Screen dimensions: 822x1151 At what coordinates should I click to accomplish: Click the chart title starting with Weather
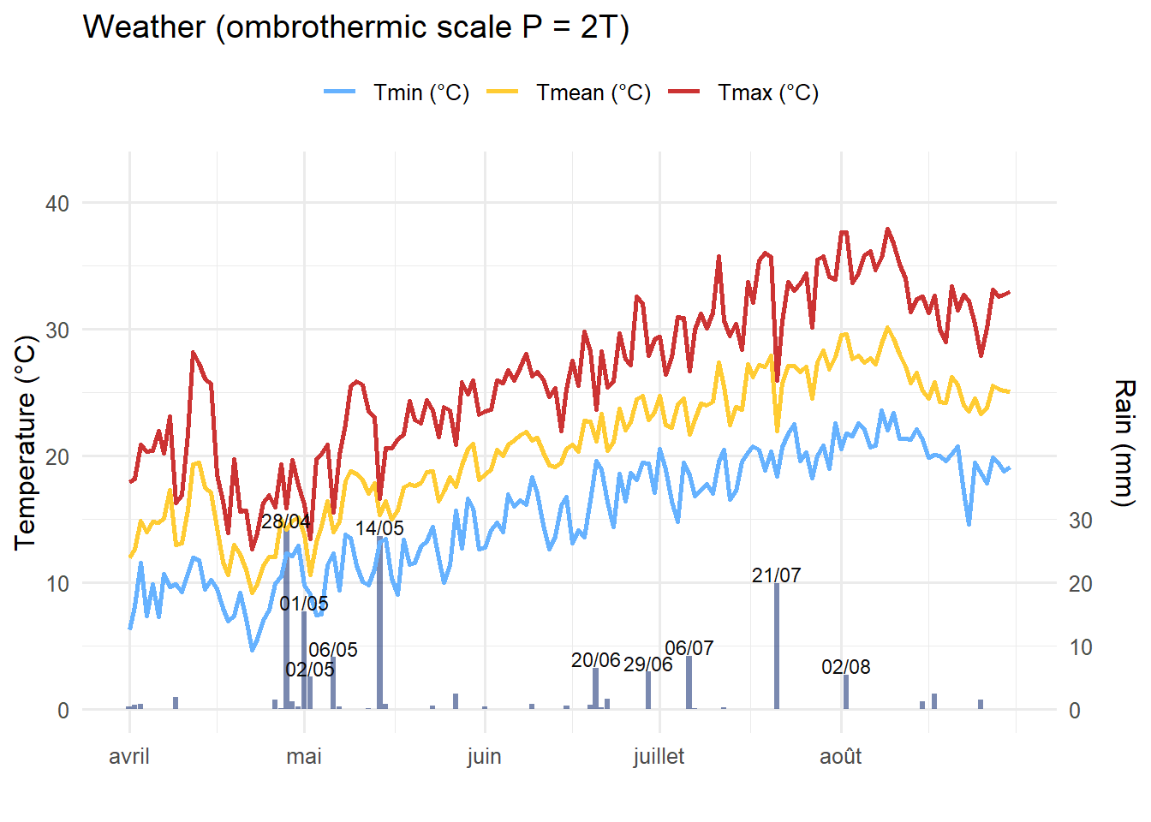pos(356,27)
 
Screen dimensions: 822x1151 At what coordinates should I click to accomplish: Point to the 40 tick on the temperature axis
pos(57,204)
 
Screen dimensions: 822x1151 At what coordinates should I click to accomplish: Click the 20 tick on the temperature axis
pos(57,456)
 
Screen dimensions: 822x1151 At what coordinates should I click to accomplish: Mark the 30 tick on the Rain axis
pos(1081,521)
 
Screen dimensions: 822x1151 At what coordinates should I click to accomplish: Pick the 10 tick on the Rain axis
pos(1081,647)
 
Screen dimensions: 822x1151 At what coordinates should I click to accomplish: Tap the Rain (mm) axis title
pos(1123,443)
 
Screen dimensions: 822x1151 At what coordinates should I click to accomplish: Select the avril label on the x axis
pos(129,757)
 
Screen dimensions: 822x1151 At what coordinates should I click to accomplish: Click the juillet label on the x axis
pos(659,757)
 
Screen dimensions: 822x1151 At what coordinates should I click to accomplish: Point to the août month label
pos(840,757)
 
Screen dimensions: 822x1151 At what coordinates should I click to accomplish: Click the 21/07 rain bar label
pos(776,575)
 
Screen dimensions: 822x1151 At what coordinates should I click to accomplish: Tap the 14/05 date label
pos(379,528)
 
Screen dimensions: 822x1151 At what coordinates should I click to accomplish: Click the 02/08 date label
pos(845,667)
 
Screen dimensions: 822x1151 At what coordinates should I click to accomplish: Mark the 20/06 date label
pos(595,660)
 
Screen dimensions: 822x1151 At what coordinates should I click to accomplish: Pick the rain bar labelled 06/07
pos(689,683)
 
